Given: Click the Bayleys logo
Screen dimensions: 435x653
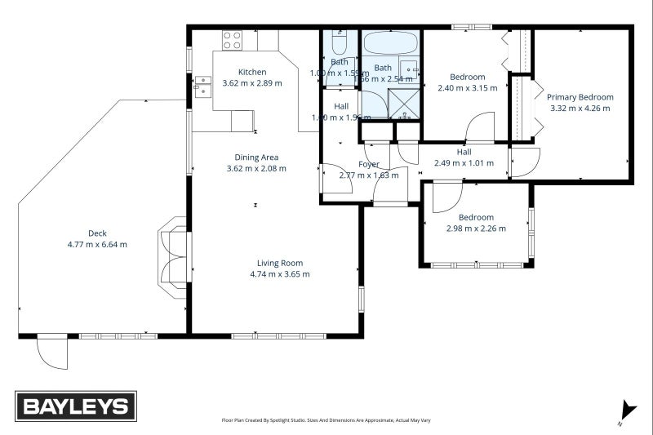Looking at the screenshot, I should pyautogui.click(x=76, y=406).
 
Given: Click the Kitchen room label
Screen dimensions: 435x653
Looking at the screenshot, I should pyautogui.click(x=251, y=72).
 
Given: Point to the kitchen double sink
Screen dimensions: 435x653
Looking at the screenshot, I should pyautogui.click(x=202, y=86).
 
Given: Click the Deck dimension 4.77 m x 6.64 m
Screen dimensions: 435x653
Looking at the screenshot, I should pyautogui.click(x=97, y=244).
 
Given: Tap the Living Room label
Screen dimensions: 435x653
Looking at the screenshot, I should pyautogui.click(x=280, y=263).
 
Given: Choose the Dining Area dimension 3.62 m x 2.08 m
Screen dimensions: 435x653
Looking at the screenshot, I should pyautogui.click(x=256, y=169).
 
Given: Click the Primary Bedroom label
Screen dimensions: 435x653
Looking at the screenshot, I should pyautogui.click(x=580, y=96).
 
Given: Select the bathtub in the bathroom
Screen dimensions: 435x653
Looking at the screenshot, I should pyautogui.click(x=391, y=42).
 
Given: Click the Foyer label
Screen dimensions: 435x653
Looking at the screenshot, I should pyautogui.click(x=369, y=164).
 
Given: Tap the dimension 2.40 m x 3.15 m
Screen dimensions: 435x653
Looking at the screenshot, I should pyautogui.click(x=467, y=88).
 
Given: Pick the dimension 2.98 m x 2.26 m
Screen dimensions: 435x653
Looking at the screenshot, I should pyautogui.click(x=475, y=229).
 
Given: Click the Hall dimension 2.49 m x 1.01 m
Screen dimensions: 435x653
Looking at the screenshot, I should pyautogui.click(x=464, y=162).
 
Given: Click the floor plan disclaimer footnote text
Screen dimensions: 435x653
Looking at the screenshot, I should pyautogui.click(x=326, y=420).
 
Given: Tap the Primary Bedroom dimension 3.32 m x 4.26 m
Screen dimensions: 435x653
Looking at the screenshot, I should pyautogui.click(x=580, y=108).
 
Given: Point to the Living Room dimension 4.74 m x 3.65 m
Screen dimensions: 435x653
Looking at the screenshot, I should pyautogui.click(x=280, y=274).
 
